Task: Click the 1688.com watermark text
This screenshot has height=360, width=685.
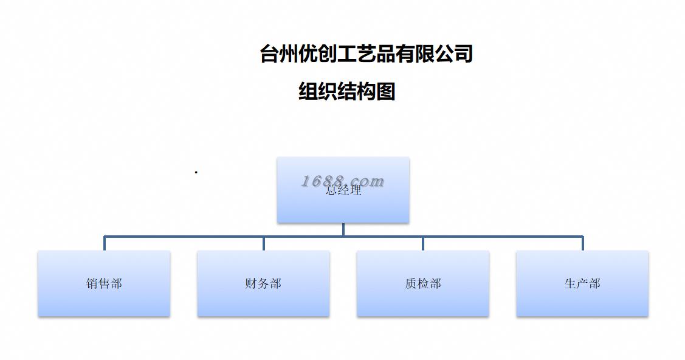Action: pyautogui.click(x=343, y=181)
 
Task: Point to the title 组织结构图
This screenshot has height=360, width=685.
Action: pyautogui.click(x=347, y=91)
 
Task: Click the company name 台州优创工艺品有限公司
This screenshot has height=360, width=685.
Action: pyautogui.click(x=367, y=54)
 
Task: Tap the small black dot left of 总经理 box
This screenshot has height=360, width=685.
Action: pyautogui.click(x=196, y=173)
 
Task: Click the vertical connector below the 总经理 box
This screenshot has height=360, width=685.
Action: pyautogui.click(x=343, y=229)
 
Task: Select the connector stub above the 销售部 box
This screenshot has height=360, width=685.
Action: pyautogui.click(x=105, y=243)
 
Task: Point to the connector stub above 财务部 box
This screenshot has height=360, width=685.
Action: pyautogui.click(x=263, y=243)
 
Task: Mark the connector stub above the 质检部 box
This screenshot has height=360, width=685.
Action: pyautogui.click(x=422, y=243)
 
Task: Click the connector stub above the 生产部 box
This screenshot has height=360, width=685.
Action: pyautogui.click(x=582, y=243)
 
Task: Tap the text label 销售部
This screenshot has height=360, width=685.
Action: pyautogui.click(x=104, y=283)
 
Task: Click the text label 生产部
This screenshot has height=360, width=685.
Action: pyautogui.click(x=582, y=283)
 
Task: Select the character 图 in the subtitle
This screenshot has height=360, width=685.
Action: pyautogui.click(x=386, y=91)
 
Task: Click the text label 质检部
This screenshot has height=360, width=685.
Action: pyautogui.click(x=422, y=283)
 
